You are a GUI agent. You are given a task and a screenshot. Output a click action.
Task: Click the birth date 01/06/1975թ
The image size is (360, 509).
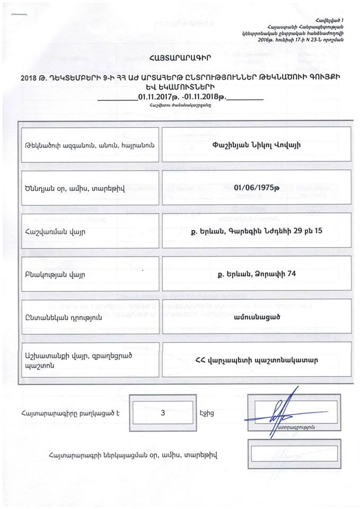click(256, 187)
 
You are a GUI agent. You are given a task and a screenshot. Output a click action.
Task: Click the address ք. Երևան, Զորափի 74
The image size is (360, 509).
click(256, 274)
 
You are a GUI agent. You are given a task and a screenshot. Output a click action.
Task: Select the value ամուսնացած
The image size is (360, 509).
click(256, 316)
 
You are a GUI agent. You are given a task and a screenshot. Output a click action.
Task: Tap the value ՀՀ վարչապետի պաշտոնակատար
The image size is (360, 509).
click(256, 359)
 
